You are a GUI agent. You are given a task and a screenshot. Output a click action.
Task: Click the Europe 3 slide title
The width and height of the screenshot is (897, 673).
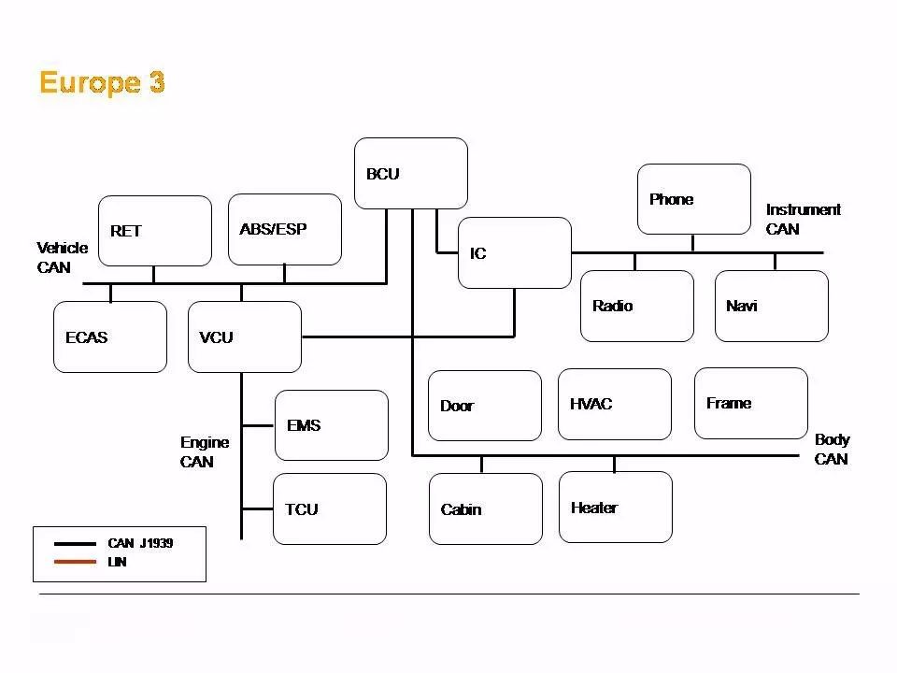click(x=102, y=82)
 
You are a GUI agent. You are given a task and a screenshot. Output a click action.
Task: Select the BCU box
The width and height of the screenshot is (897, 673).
click(x=411, y=173)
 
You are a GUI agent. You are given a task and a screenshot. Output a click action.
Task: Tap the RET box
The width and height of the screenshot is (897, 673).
click(x=155, y=231)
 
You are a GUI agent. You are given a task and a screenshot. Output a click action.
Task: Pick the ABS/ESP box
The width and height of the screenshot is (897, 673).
click(x=285, y=229)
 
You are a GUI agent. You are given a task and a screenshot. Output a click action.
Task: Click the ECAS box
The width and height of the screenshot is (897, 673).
click(x=110, y=336)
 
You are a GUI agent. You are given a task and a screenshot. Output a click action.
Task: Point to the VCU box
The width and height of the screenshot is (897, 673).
click(x=245, y=336)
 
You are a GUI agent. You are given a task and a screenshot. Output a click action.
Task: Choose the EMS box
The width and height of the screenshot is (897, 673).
click(x=332, y=425)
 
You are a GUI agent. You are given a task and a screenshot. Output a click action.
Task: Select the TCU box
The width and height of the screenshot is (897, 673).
click(x=330, y=508)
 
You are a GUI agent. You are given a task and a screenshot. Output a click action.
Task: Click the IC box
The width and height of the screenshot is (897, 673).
click(x=514, y=253)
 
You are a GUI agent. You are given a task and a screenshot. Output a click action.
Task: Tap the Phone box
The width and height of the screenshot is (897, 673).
click(x=694, y=199)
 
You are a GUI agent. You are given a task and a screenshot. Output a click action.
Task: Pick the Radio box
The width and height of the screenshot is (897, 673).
click(x=637, y=306)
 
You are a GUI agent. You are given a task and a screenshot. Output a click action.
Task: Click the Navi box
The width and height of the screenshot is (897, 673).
click(x=772, y=306)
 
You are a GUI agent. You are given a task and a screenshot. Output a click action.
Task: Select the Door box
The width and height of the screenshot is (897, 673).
click(x=485, y=406)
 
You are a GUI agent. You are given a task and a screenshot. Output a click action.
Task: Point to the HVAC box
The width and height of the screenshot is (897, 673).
click(x=615, y=404)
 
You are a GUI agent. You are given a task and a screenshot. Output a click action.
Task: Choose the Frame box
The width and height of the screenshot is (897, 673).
click(x=751, y=403)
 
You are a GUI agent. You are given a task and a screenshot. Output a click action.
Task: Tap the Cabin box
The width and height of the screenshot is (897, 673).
click(x=486, y=508)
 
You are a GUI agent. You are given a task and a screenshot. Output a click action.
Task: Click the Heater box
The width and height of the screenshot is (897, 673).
click(x=616, y=507)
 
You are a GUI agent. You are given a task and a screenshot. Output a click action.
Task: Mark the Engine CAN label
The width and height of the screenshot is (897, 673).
click(x=204, y=451)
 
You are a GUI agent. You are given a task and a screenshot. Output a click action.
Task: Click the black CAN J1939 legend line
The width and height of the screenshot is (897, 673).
click(x=75, y=543)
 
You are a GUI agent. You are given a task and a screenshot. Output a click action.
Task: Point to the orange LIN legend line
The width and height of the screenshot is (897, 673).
click(x=75, y=562)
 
